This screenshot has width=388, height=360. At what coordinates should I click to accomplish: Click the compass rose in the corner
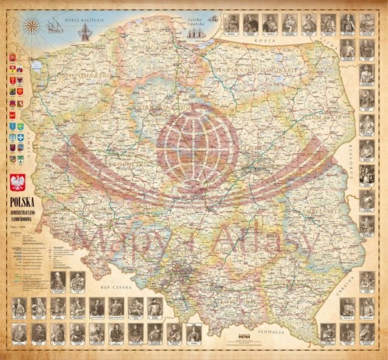coord(32,26)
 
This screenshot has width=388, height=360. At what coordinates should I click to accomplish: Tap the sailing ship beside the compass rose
coord(55,26)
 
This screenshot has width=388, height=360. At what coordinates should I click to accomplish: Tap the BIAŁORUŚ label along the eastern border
coord(371,155)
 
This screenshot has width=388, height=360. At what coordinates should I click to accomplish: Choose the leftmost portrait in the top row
coord(231,24)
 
